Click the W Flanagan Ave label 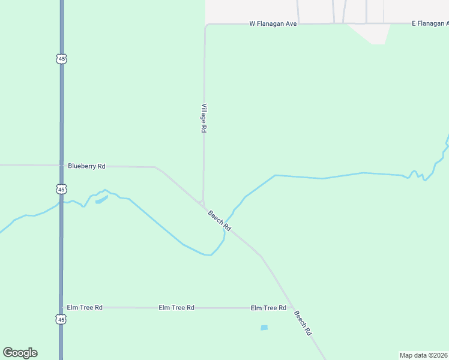(273, 24)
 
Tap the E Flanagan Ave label (430, 24)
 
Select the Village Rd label (204, 118)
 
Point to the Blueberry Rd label (86, 166)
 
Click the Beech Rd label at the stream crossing (219, 220)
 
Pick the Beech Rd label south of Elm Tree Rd (303, 323)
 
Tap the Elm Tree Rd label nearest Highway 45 (85, 307)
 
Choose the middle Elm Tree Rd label (176, 308)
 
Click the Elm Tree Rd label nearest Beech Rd (268, 308)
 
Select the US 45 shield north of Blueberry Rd (61, 59)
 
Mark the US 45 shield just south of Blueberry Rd (61, 189)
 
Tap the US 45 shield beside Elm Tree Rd (61, 320)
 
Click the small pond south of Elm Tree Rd (264, 328)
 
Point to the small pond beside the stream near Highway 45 (101, 199)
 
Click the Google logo (20, 353)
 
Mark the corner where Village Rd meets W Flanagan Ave (205, 25)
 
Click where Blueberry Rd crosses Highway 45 (61, 166)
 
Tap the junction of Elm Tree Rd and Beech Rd (292, 308)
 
